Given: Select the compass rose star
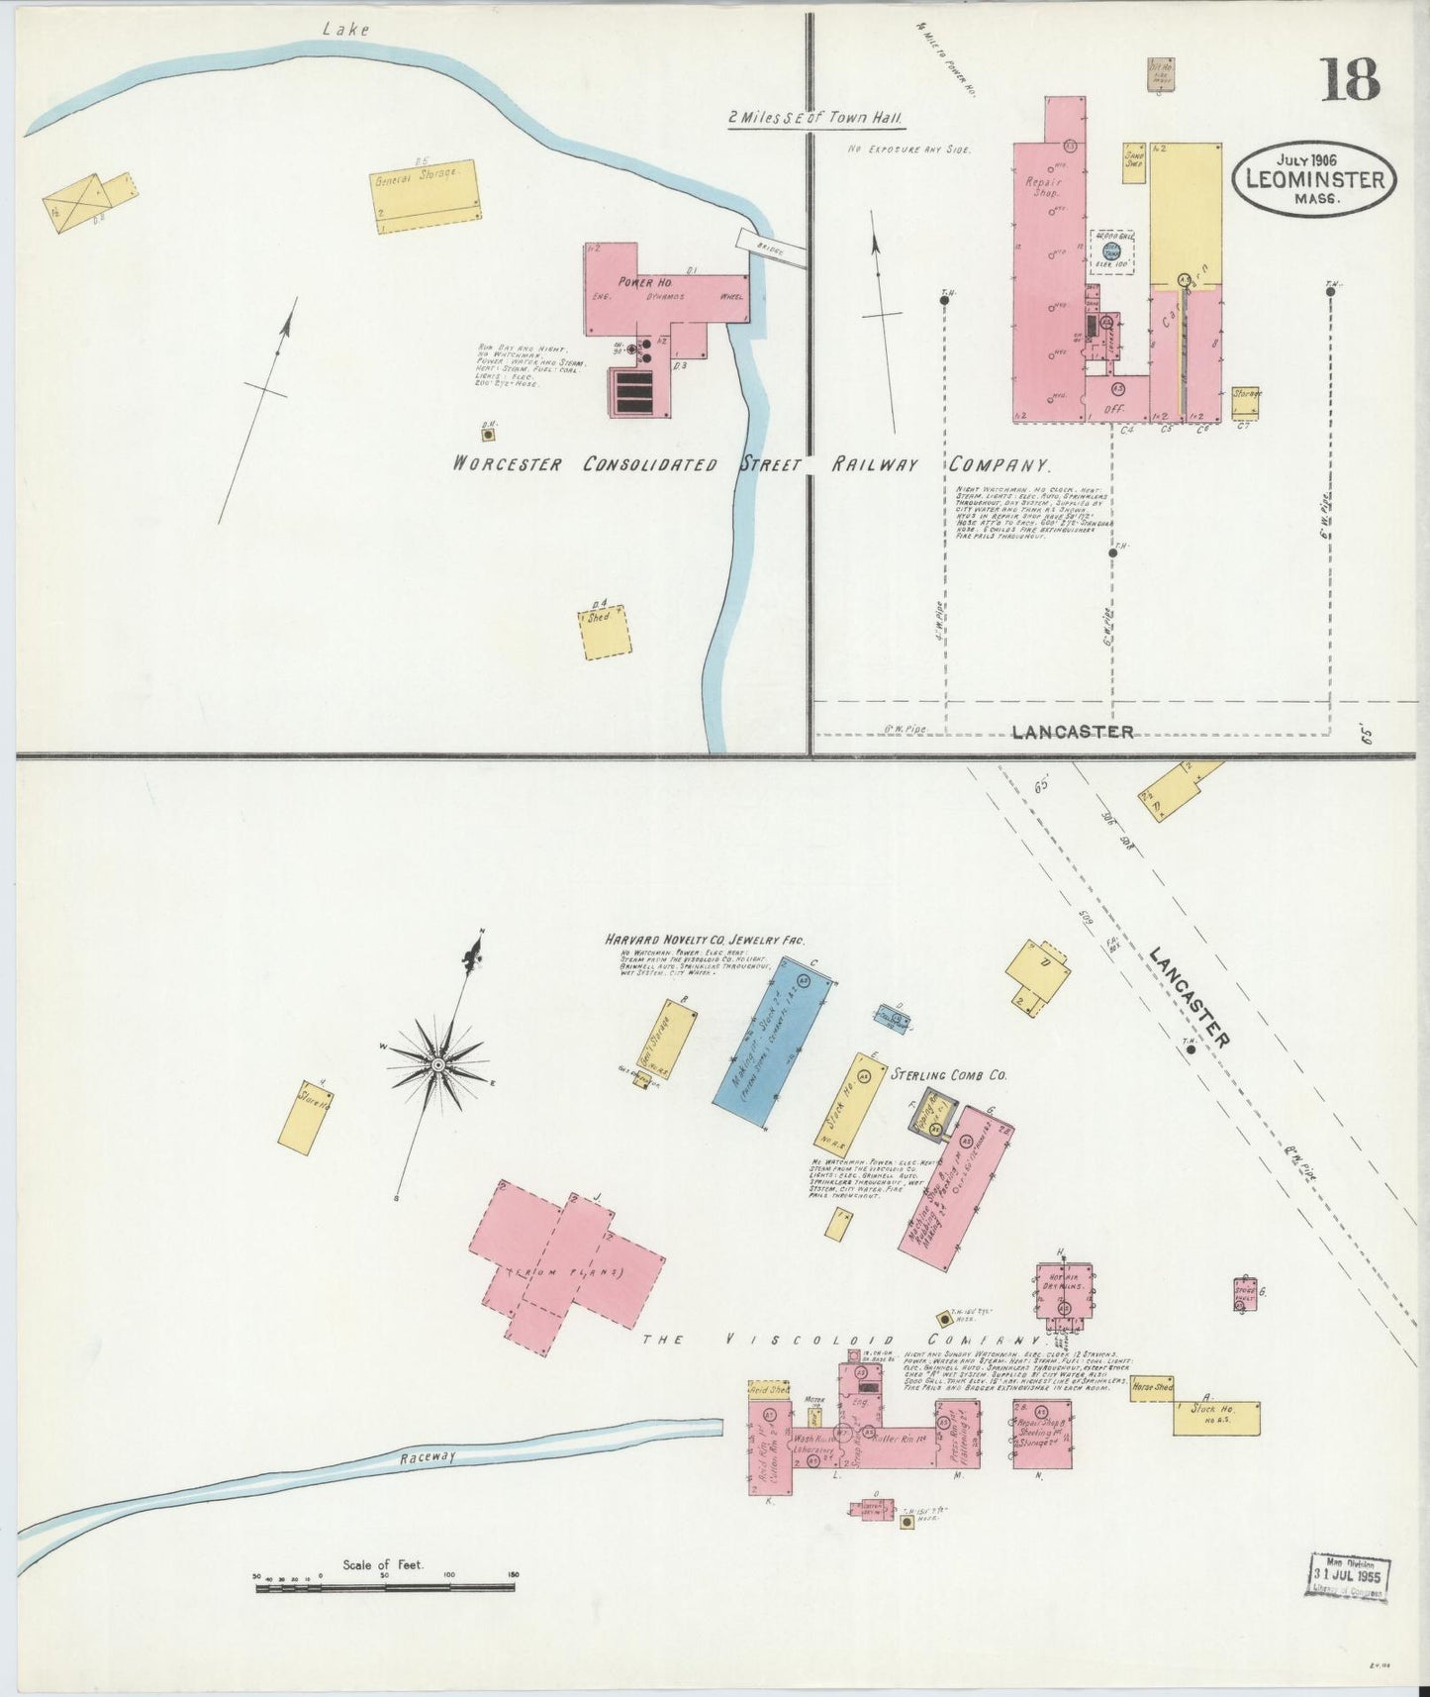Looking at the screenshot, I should [x=437, y=1064].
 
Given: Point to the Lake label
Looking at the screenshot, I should [x=345, y=30].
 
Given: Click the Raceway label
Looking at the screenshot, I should [x=429, y=1457].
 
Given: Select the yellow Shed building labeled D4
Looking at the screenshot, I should [x=606, y=631].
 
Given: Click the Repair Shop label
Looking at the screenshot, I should [x=1047, y=187].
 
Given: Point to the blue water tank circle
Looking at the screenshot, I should [x=1110, y=251].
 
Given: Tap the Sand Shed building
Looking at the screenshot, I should [x=1134, y=162].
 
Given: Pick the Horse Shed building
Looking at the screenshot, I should [x=1152, y=1387].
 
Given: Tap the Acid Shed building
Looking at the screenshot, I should [x=769, y=1389].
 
